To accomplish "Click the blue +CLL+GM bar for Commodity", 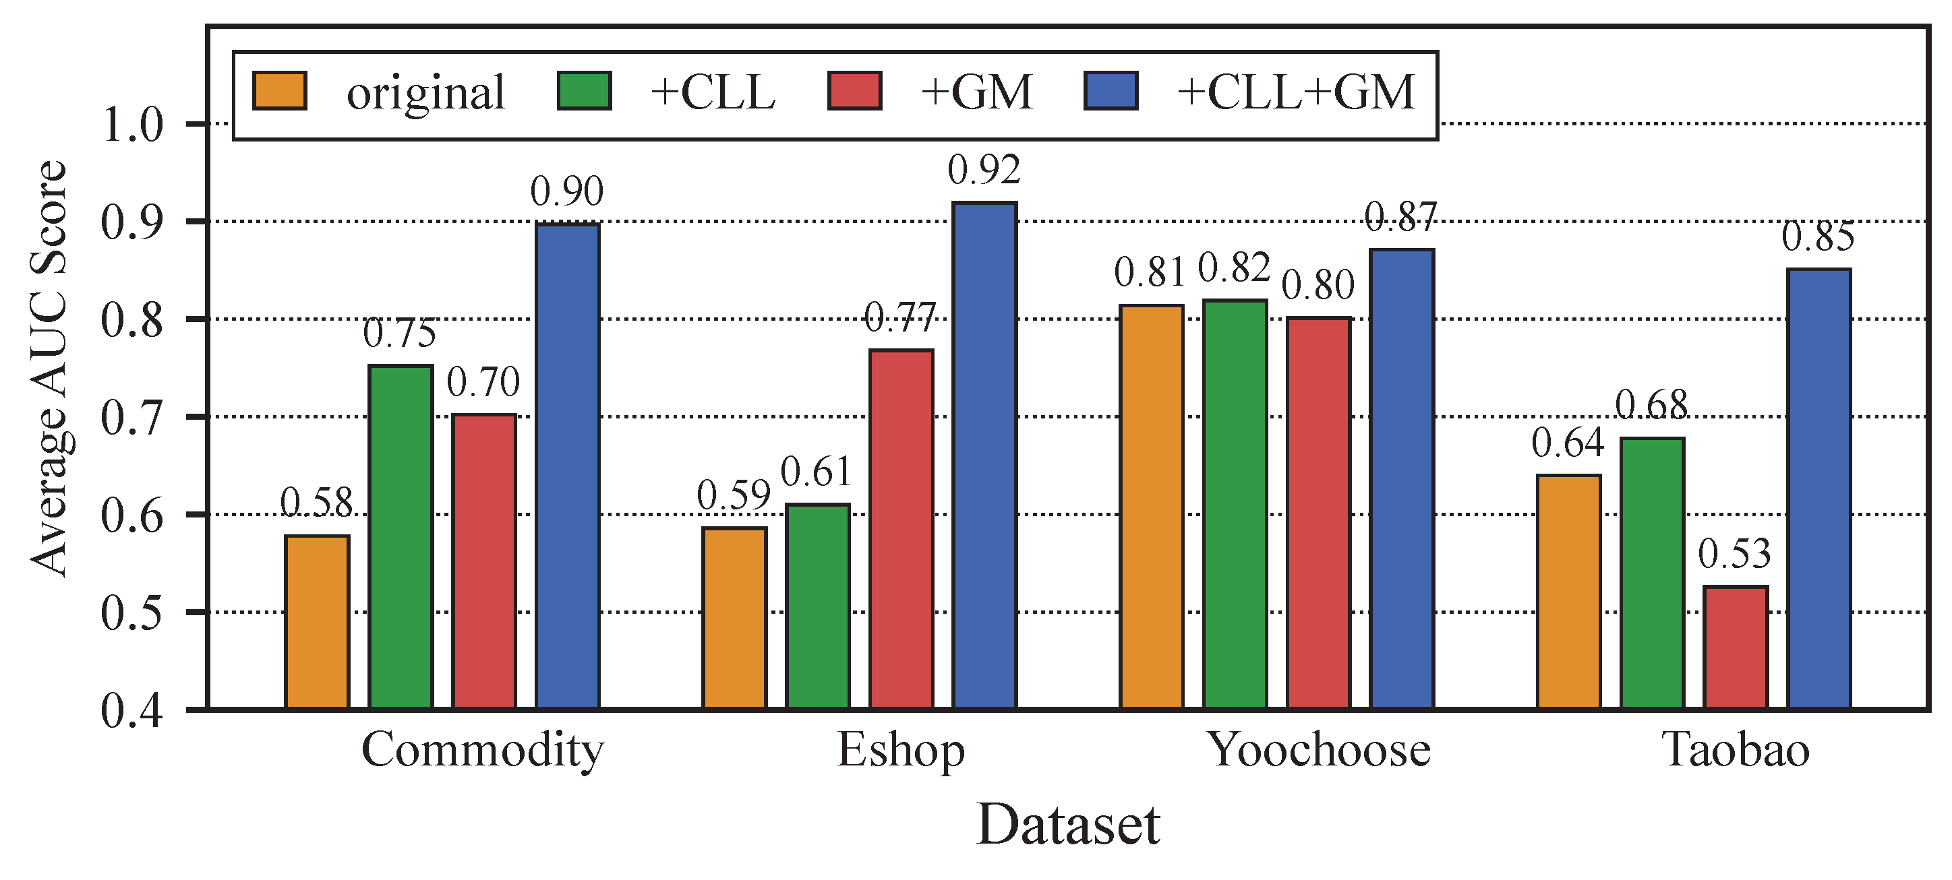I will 567,466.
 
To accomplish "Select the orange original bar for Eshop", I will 734,617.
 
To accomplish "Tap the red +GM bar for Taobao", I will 1736,648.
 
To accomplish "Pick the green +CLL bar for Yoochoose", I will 1235,503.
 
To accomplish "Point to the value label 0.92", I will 984,170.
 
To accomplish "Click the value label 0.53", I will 1734,554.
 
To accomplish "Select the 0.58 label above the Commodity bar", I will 317,502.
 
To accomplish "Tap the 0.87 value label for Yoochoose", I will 1401,218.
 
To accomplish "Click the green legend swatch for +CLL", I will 584,92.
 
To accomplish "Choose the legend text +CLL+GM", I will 1295,92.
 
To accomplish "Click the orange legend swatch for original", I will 280,92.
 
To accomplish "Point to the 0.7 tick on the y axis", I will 132,418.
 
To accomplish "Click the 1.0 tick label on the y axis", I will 132,125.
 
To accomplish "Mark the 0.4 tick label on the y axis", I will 132,711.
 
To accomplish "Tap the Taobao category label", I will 1736,750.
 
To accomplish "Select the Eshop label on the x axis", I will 900,751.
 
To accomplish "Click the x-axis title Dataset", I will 1067,825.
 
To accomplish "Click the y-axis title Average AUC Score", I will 49,369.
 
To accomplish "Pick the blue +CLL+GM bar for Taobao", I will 1818,489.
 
